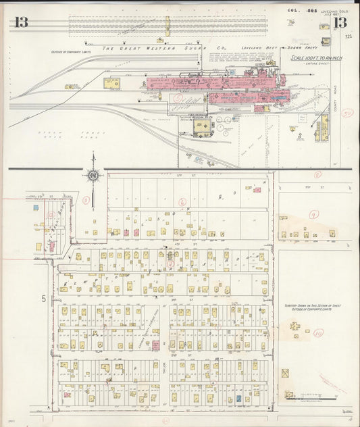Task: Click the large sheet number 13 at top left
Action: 20,22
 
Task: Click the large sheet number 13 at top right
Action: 341,23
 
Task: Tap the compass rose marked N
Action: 93,176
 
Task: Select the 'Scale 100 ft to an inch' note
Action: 315,59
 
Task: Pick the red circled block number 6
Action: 182,201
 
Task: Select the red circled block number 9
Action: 313,214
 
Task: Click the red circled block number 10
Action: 318,332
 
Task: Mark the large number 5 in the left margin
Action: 42,298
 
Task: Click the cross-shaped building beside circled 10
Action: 295,326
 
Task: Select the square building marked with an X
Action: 285,373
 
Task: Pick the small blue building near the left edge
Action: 35,208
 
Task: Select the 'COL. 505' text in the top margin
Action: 295,9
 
